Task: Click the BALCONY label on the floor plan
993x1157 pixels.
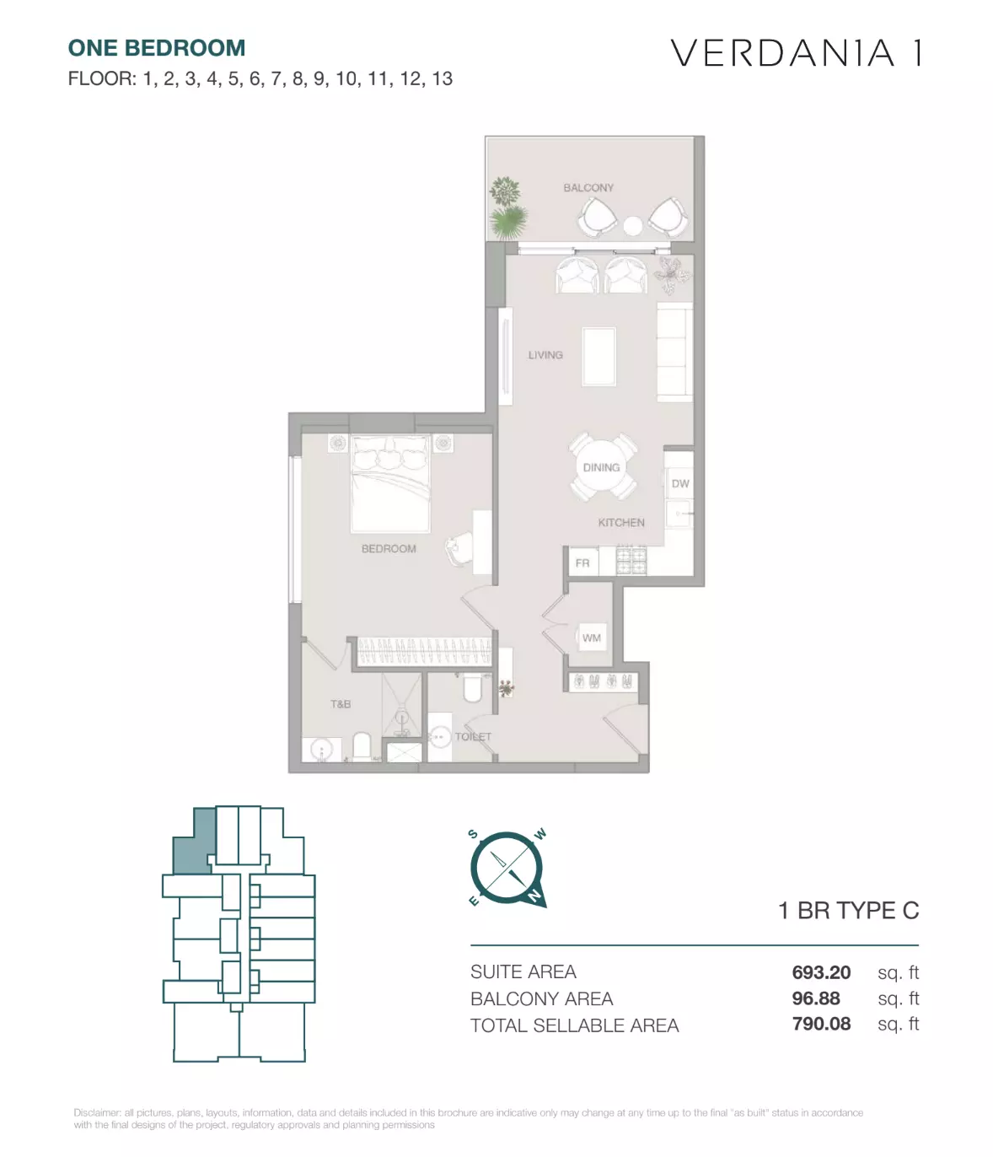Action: pos(588,187)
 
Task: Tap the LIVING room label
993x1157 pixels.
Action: pos(545,355)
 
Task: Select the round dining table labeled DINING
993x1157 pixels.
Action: pos(601,467)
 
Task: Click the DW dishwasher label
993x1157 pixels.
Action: pos(679,483)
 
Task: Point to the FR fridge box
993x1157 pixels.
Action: pos(582,562)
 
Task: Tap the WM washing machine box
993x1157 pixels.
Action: pos(591,638)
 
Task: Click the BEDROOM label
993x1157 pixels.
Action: pos(389,548)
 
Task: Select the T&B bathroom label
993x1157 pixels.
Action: pos(341,703)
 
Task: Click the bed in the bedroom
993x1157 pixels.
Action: pos(390,483)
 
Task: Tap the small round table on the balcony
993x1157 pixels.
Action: pos(633,225)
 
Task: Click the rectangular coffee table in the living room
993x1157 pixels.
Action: pos(598,357)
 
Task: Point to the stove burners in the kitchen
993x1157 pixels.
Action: pos(631,560)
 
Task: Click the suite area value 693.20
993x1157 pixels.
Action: pos(821,972)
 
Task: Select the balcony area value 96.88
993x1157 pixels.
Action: pos(816,998)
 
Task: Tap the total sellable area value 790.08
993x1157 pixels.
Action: pos(821,1024)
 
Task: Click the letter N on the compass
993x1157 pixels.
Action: pos(535,896)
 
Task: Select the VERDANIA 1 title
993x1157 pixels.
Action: pos(796,53)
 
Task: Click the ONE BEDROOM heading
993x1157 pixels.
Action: pos(157,47)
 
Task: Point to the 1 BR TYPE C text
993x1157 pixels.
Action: pos(848,911)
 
